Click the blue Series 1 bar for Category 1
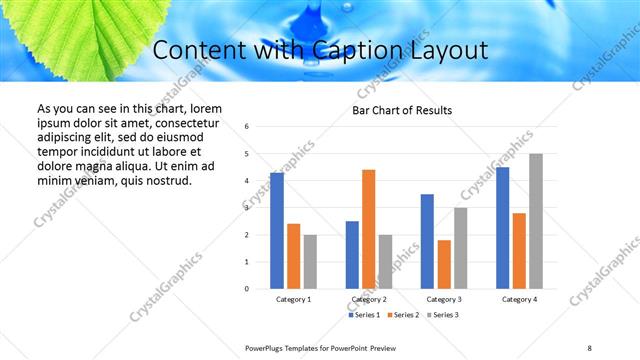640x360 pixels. pos(277,231)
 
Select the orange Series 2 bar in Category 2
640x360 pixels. pos(368,229)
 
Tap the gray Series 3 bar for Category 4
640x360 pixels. pos(536,221)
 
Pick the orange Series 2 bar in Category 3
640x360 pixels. pos(444,264)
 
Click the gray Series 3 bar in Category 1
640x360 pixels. pos(310,262)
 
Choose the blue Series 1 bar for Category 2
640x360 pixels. pos(352,255)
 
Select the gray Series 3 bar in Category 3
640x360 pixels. pos(460,248)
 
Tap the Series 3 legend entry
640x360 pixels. pos(444,315)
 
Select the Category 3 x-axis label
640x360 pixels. pos(444,299)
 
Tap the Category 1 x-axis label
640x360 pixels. pos(293,299)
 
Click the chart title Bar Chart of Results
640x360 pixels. pos(403,110)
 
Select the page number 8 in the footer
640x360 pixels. pos(590,347)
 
